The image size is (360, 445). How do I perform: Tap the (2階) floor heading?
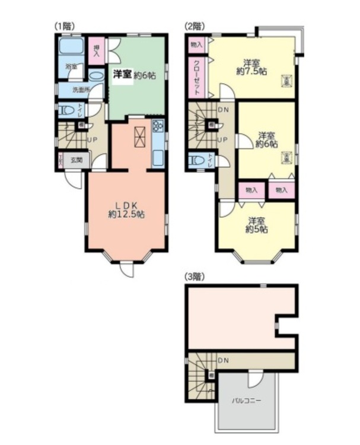[x=194, y=26]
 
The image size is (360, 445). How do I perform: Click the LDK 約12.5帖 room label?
[x=126, y=210]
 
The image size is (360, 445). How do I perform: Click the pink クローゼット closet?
[x=196, y=77]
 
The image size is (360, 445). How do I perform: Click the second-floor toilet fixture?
[x=196, y=160]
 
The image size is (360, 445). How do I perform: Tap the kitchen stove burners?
[x=158, y=127]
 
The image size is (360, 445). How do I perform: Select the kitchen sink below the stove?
[x=158, y=157]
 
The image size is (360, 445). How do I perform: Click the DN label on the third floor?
[x=224, y=360]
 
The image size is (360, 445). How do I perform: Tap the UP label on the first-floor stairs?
[x=93, y=141]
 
